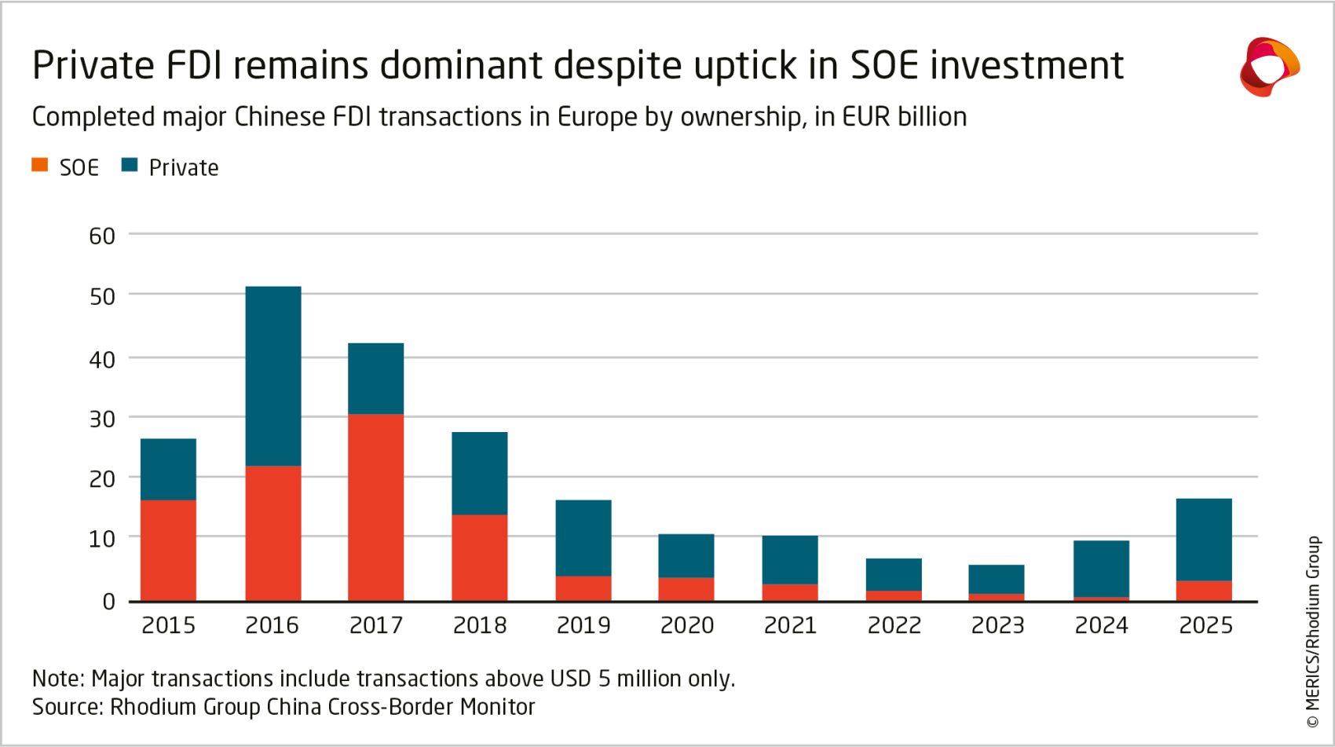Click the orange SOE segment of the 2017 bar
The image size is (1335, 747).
point(375,507)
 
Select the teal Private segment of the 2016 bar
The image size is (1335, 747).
point(273,376)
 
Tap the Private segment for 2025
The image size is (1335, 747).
point(1204,540)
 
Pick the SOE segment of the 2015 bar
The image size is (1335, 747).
point(168,551)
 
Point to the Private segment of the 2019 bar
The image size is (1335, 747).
point(583,538)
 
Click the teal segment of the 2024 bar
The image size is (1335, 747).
point(1101,569)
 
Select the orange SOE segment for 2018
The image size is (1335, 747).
point(479,558)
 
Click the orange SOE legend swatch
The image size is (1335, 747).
point(40,165)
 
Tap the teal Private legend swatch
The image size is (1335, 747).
point(130,165)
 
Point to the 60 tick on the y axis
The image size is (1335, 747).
point(102,236)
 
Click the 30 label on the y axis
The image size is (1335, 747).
point(102,419)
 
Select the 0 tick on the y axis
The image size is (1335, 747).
point(108,602)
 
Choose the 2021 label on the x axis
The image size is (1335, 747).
point(790,625)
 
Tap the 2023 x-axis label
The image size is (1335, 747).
point(997,625)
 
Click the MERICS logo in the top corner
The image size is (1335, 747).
point(1270,67)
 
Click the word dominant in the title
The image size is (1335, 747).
point(461,64)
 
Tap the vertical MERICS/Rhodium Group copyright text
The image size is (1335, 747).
point(1313,632)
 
